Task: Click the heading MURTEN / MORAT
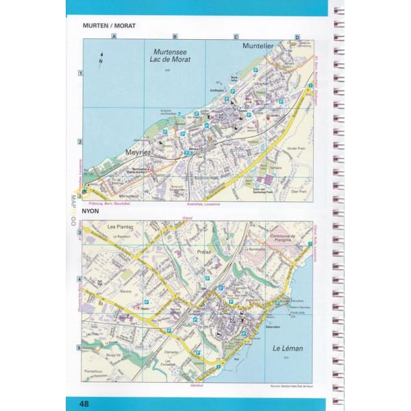[x=109, y=26]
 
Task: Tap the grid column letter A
[x=115, y=36]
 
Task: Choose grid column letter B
[x=175, y=36]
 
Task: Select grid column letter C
[x=236, y=36]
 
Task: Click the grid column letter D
[x=297, y=36]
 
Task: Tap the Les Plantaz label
[x=118, y=226]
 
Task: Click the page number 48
[x=84, y=403]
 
